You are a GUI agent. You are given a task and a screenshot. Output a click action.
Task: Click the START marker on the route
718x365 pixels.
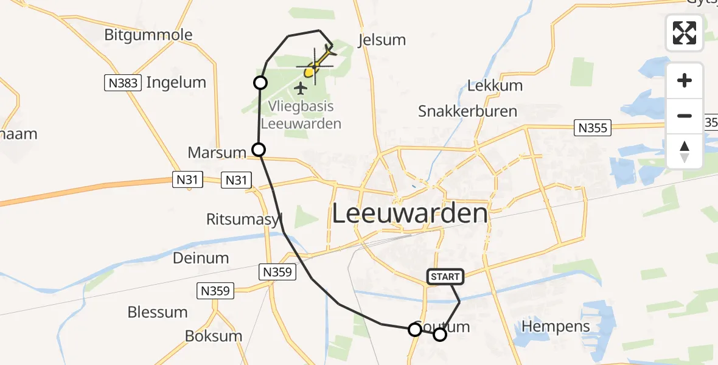[445, 277]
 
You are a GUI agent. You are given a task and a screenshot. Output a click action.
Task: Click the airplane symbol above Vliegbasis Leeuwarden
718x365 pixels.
[300, 89]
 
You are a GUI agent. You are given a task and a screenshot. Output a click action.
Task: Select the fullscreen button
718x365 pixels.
[685, 33]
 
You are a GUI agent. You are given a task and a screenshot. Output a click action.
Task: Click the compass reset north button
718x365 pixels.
[685, 151]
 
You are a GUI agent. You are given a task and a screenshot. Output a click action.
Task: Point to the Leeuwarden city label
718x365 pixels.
[410, 214]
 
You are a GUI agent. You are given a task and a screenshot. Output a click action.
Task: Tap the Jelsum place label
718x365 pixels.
[382, 40]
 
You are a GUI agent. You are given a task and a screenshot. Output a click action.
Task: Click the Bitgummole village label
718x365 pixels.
[148, 34]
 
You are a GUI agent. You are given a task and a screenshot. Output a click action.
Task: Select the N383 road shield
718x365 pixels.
[124, 83]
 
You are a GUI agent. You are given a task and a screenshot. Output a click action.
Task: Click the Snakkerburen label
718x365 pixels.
[467, 111]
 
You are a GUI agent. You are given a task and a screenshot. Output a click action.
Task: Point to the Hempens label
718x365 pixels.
[556, 327]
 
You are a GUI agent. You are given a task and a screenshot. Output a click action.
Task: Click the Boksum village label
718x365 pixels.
[214, 336]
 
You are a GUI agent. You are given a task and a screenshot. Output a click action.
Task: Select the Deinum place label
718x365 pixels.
[201, 258]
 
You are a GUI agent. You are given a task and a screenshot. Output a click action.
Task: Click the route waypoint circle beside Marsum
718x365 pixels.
[259, 149]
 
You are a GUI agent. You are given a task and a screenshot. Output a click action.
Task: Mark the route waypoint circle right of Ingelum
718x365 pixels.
[260, 83]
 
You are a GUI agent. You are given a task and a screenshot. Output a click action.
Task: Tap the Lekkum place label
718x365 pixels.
[495, 86]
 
